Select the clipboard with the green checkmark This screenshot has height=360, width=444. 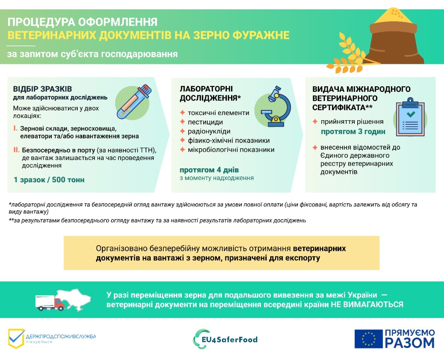click(411, 118)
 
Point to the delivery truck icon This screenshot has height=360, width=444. click(50, 302)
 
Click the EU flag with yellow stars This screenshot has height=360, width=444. click(368, 339)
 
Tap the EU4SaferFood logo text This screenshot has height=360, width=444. click(230, 340)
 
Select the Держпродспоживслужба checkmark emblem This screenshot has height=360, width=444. click(16, 338)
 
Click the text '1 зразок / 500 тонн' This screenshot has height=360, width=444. click(49, 180)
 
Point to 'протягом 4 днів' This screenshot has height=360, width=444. click(209, 170)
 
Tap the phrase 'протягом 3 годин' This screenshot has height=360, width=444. click(353, 132)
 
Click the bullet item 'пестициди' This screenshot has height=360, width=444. click(205, 122)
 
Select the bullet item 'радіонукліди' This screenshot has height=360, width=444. click(209, 131)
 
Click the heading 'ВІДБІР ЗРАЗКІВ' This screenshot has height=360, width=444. click(42, 89)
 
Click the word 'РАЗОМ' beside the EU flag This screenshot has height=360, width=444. click(410, 343)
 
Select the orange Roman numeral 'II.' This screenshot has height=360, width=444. click(16, 150)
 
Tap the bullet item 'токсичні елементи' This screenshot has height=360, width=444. click(219, 113)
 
